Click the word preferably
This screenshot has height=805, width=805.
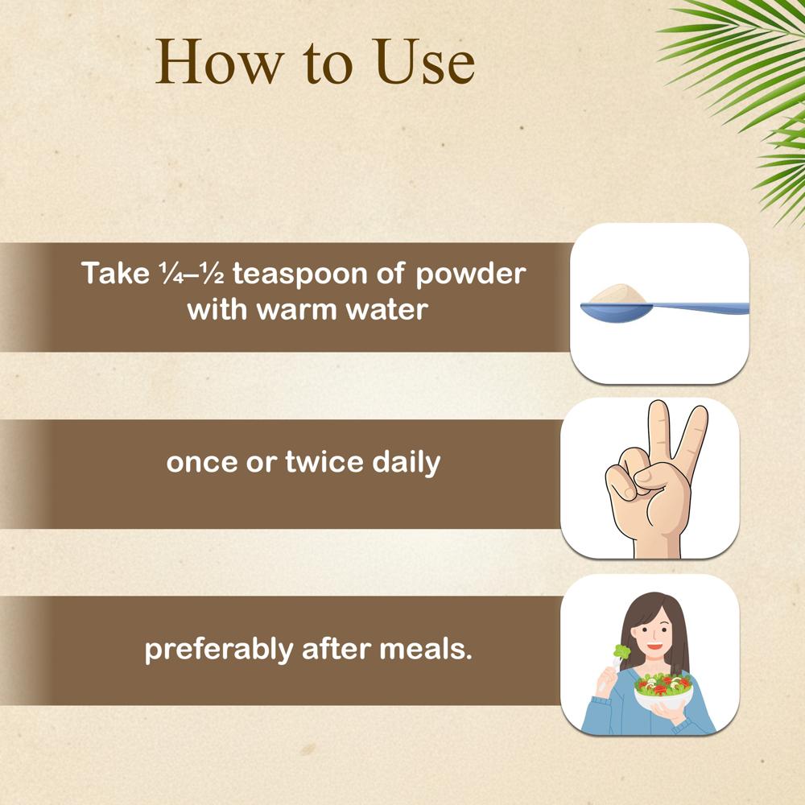click(218, 649)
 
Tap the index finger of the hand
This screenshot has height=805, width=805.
click(658, 435)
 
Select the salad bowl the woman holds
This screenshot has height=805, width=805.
click(663, 692)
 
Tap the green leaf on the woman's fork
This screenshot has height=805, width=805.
click(620, 650)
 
